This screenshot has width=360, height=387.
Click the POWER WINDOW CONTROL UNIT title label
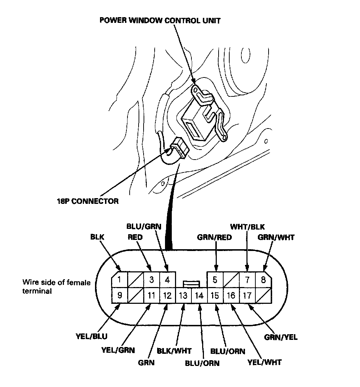coord(160,20)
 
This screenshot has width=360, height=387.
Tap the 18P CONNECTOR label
coord(88,201)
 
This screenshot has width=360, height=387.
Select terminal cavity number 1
coord(120,280)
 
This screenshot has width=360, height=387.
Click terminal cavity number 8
coord(263,280)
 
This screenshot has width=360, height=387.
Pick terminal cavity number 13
coord(183,296)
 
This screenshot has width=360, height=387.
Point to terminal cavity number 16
coord(231,296)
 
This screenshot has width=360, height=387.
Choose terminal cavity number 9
coord(120,296)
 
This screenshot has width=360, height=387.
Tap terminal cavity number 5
coord(215,280)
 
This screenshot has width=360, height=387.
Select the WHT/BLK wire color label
coord(247,227)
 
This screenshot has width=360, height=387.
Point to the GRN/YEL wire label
coord(281,337)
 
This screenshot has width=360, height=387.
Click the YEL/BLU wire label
coord(91,336)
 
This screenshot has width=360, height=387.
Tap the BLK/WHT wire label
coord(174,351)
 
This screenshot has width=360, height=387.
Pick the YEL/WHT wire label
coord(264,362)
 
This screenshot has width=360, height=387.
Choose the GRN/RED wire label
coord(214,237)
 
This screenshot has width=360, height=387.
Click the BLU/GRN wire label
coord(144,226)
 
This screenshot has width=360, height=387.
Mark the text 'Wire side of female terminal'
coord(56,287)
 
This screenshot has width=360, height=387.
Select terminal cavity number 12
coord(167,296)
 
